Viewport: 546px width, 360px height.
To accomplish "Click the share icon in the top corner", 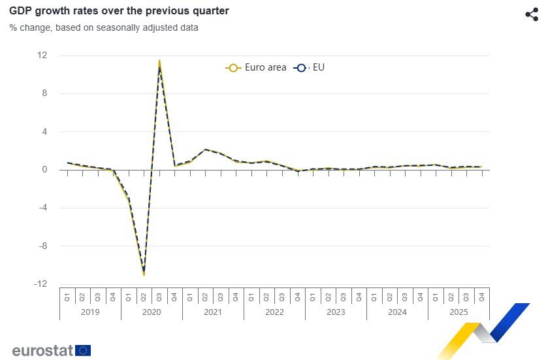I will click(x=532, y=14).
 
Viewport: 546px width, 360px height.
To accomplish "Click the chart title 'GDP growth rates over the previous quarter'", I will click(x=119, y=11).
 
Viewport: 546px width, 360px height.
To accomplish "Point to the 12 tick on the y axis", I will click(x=42, y=56).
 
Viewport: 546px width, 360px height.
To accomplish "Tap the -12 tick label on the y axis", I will click(x=41, y=284).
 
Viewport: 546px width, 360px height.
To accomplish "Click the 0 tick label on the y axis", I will click(x=44, y=170).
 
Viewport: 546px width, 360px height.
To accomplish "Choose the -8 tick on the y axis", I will click(x=42, y=246).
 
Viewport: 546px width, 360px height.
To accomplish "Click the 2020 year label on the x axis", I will click(x=152, y=312).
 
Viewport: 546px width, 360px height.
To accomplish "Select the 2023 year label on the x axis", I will click(x=336, y=312).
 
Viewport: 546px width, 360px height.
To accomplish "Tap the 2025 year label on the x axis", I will click(x=458, y=312).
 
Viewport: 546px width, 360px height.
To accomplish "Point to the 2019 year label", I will click(x=90, y=312).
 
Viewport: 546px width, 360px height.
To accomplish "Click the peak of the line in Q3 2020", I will click(x=159, y=61).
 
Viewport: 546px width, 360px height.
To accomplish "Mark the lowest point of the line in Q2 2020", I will click(x=144, y=274).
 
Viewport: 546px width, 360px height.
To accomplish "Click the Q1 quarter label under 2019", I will click(x=67, y=297).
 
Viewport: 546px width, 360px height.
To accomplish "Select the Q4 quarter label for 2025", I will click(x=482, y=297).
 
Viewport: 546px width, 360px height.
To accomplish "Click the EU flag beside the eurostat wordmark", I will click(x=83, y=350).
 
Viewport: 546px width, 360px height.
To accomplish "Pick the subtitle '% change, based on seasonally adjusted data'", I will click(x=104, y=27).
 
